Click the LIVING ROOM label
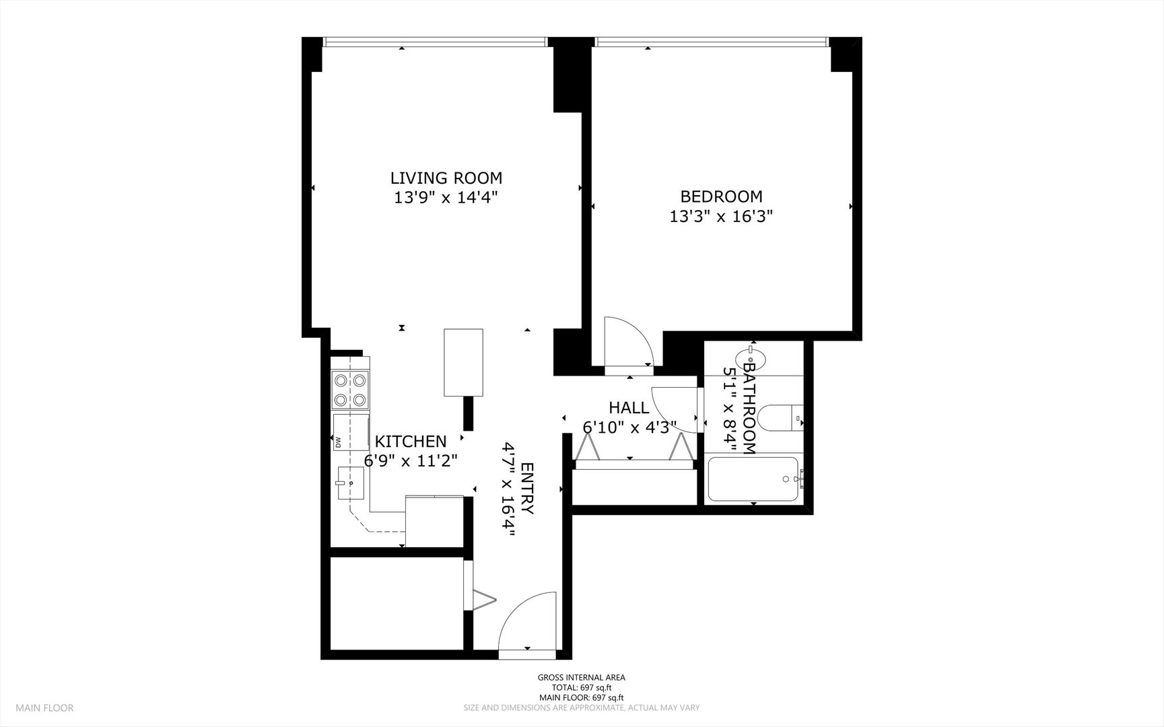point(446,178)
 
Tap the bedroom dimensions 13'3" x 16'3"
point(720,217)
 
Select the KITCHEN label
point(410,442)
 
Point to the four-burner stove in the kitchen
point(350,390)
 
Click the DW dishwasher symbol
point(339,442)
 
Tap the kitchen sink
point(351,483)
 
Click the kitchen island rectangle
point(463,363)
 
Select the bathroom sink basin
point(750,355)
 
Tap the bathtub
point(753,479)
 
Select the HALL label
point(629,408)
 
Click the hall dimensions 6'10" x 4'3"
point(629,427)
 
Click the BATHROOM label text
point(749,407)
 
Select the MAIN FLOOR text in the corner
point(44,707)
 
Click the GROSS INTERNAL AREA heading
point(581,678)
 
